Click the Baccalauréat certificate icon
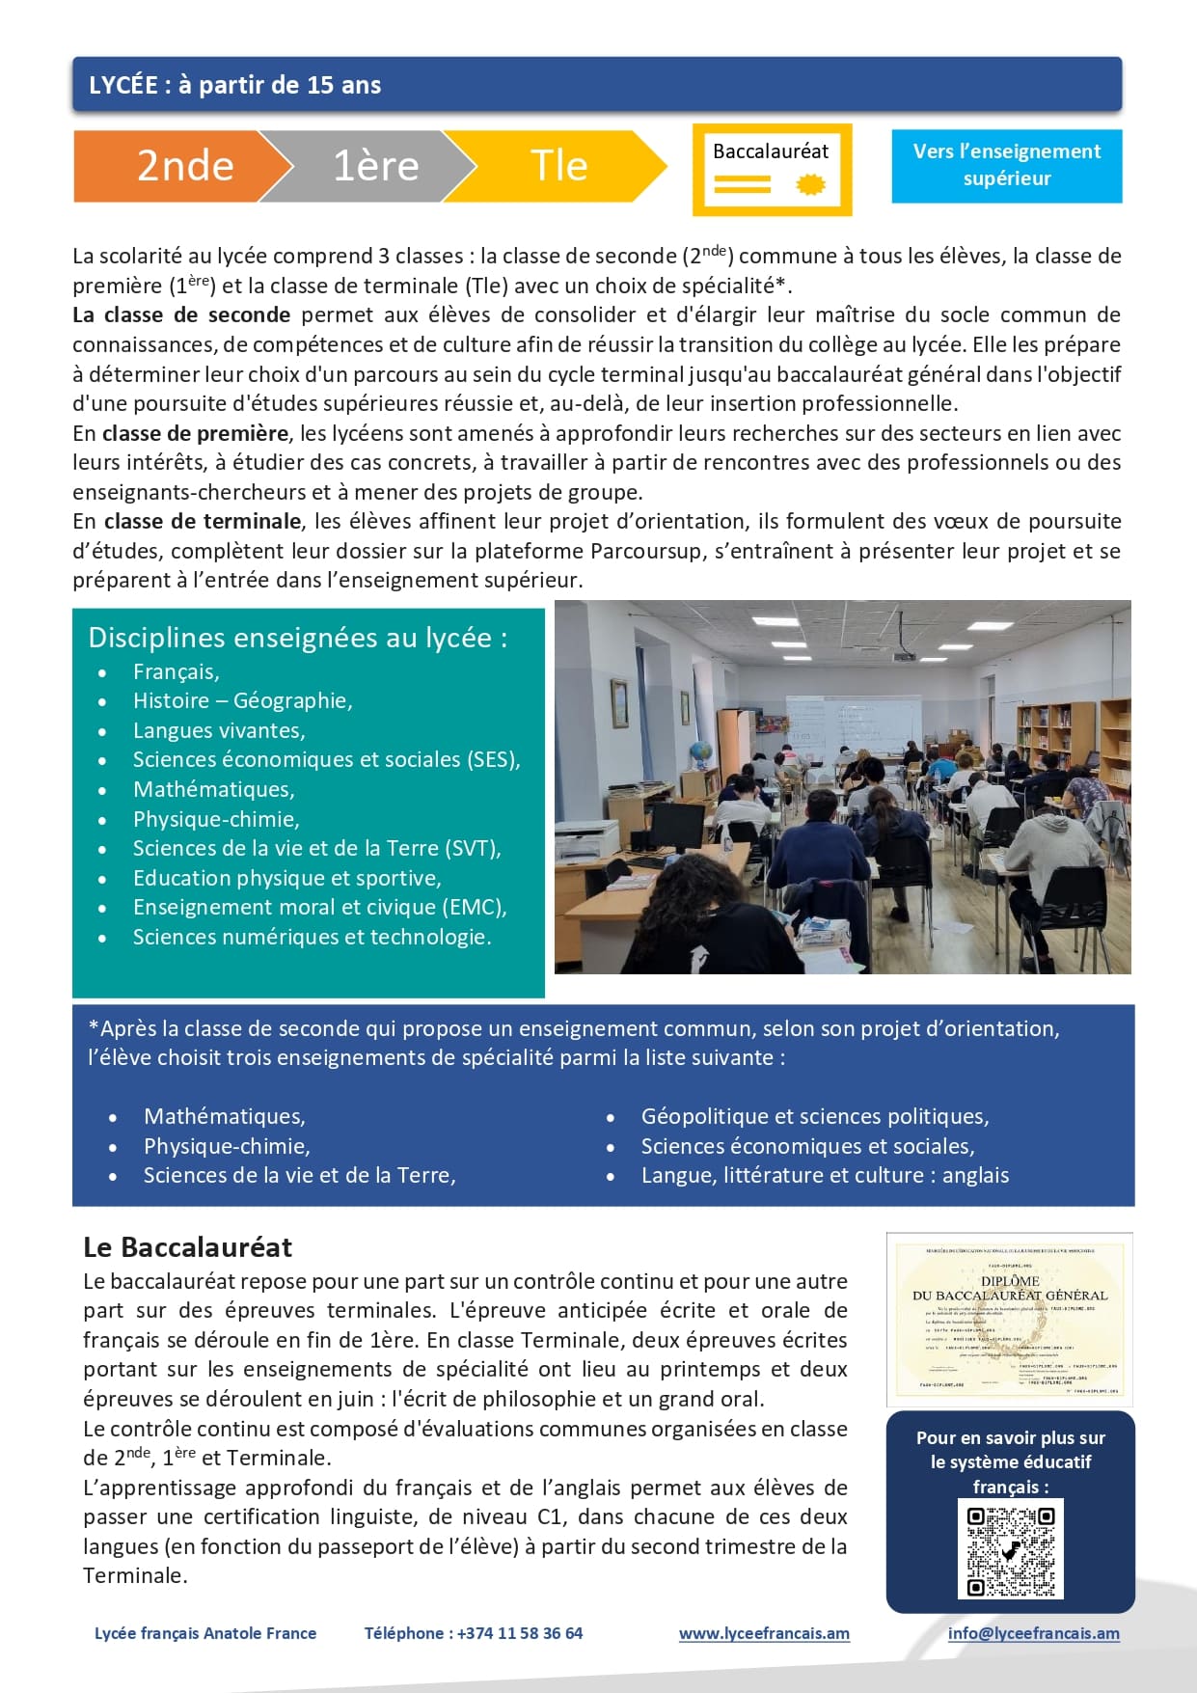(772, 169)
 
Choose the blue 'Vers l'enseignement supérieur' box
(1006, 165)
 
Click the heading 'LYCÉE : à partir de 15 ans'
(234, 85)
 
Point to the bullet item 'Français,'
(176, 671)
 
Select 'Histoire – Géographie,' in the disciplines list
(242, 700)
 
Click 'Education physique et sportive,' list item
(286, 878)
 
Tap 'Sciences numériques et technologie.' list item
(312, 937)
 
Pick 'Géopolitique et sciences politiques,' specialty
(814, 1116)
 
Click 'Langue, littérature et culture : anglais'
(825, 1175)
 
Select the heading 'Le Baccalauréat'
(187, 1247)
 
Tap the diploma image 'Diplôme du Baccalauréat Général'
(1009, 1319)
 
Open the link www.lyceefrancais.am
(764, 1633)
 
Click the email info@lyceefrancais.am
(1033, 1633)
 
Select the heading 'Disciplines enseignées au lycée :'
(297, 638)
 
